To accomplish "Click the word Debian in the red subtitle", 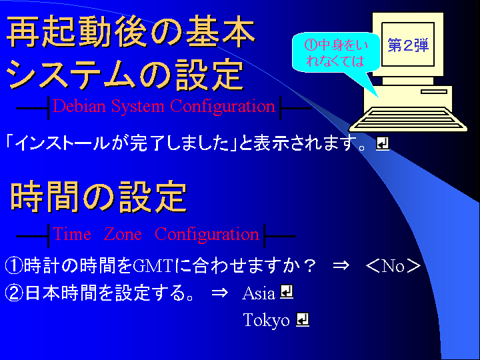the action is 79,106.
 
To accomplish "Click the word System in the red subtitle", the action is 137,107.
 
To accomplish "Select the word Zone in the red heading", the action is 123,235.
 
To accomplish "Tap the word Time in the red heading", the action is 72,235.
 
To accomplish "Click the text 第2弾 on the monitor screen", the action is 408,45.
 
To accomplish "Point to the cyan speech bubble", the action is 336,55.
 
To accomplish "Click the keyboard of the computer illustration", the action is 409,120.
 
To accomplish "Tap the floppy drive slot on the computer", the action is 434,91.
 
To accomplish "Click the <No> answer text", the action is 393,266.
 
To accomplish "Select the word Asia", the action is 259,293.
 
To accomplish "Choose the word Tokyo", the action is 266,320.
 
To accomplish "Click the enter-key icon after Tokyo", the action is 303,319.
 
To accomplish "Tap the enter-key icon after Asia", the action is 287,292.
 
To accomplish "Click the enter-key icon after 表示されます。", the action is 383,144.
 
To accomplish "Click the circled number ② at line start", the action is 14,293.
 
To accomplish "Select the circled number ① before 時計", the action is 14,266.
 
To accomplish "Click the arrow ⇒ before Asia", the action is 220,293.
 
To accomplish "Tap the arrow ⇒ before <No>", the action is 341,265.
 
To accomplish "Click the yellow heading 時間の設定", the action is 99,197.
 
